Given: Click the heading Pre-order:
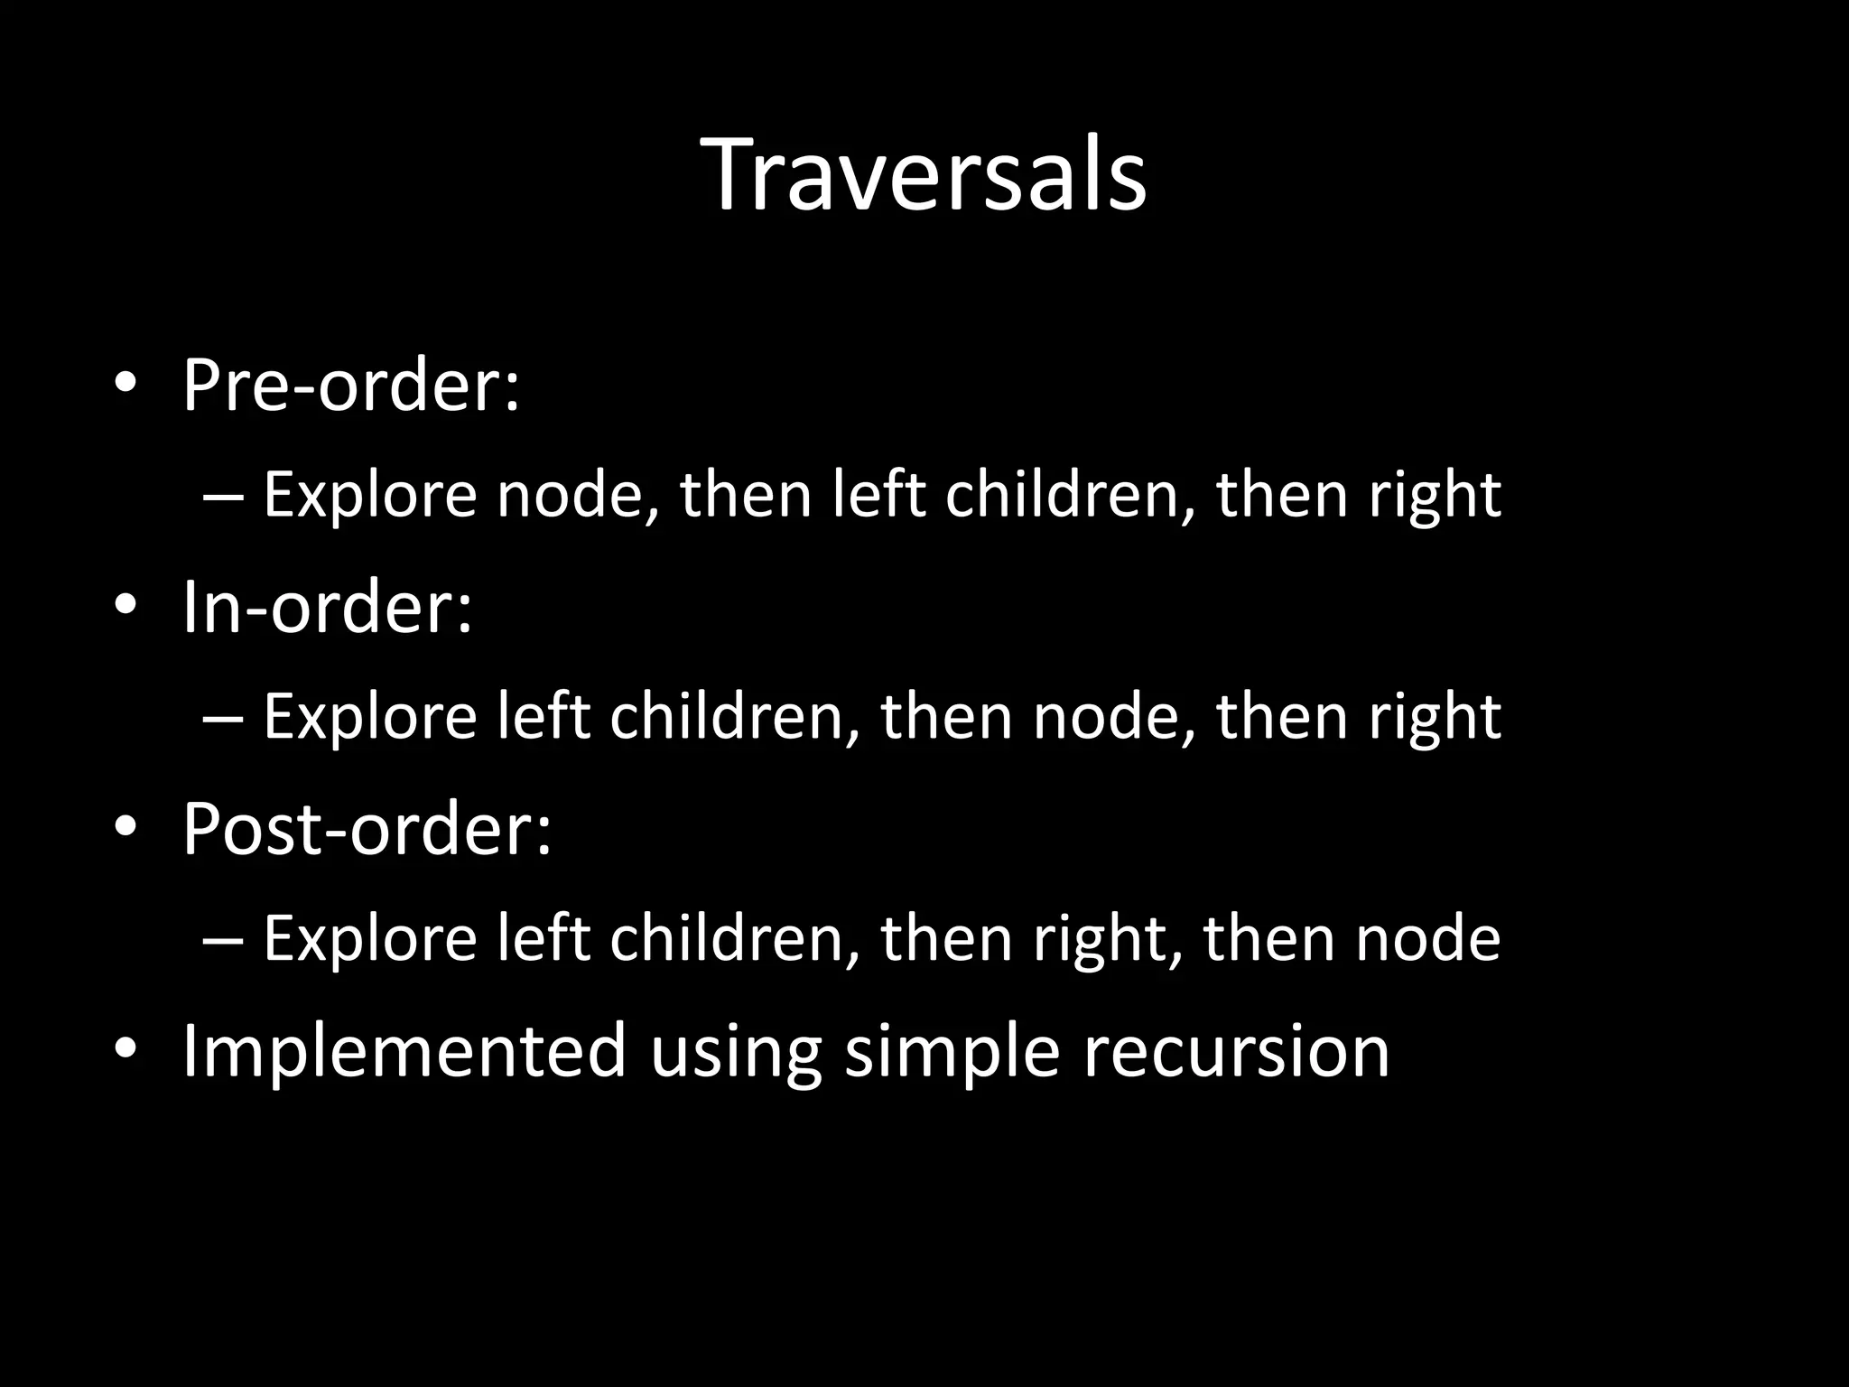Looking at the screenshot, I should coord(351,386).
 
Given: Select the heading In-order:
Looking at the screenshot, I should coord(327,608).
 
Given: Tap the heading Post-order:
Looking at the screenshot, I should coord(367,829).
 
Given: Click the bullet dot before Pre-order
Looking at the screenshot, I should coord(125,385).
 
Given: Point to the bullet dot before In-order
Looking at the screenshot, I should coord(125,606).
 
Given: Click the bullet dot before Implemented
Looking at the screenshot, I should coord(125,1049).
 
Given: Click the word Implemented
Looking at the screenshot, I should coord(404,1052).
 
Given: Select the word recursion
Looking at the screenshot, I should coord(1236,1052).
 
